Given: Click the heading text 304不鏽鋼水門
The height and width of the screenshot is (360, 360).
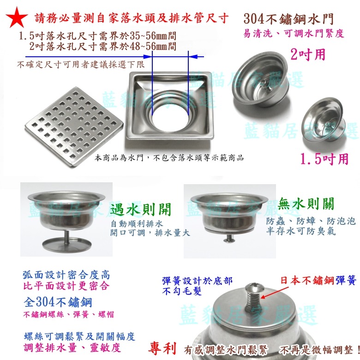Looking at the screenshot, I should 288,19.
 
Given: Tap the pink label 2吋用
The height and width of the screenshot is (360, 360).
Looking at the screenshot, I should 308,54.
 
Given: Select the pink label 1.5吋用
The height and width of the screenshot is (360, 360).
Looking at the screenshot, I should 324,159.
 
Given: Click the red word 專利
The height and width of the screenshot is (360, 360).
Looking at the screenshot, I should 162,348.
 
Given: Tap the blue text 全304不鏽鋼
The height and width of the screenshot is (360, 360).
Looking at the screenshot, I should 58,302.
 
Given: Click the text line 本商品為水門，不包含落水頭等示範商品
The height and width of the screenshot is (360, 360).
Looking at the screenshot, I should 169,158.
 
